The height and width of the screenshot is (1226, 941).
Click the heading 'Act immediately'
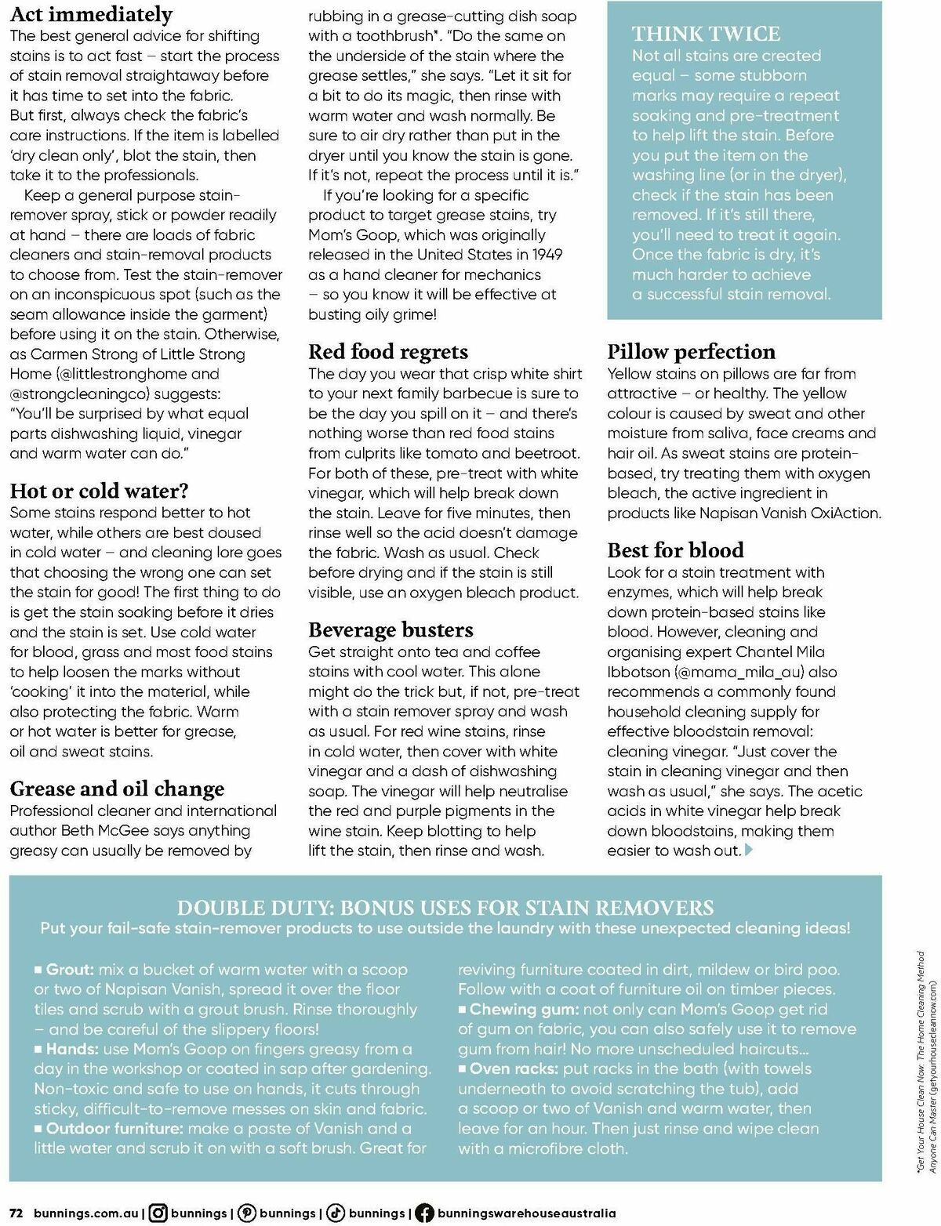pos(91,14)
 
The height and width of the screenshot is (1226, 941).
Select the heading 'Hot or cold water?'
pos(99,491)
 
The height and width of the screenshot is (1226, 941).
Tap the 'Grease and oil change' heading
pos(117,788)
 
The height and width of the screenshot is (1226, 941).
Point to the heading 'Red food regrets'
pos(388,351)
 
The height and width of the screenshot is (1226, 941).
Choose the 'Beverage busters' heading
pos(391,629)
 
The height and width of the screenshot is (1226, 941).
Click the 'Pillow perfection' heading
pos(691,351)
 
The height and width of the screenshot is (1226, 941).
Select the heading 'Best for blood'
pos(675,550)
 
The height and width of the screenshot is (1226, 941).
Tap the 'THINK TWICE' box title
pos(706,34)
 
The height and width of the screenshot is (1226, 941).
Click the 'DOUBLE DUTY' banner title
pos(445,908)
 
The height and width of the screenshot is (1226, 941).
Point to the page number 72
pos(16,1213)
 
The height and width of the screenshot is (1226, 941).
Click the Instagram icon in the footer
pos(158,1213)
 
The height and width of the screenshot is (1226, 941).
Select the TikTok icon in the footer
pos(336,1213)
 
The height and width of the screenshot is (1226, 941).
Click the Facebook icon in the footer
pos(424,1213)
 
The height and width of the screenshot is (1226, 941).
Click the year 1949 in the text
pos(546,255)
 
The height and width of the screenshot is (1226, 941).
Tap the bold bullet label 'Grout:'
pos(70,970)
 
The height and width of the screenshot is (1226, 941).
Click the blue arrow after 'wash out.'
pos(748,850)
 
